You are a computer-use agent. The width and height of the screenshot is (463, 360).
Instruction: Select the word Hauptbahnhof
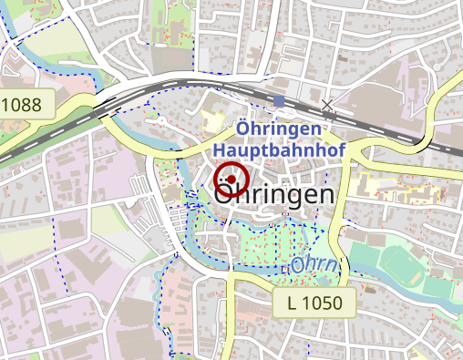(280, 147)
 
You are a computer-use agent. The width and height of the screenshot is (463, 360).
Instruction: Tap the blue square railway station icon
(279, 101)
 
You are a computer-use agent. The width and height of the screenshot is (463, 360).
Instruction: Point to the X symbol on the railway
(327, 105)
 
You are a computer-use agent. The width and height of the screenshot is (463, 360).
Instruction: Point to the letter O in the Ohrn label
(302, 267)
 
